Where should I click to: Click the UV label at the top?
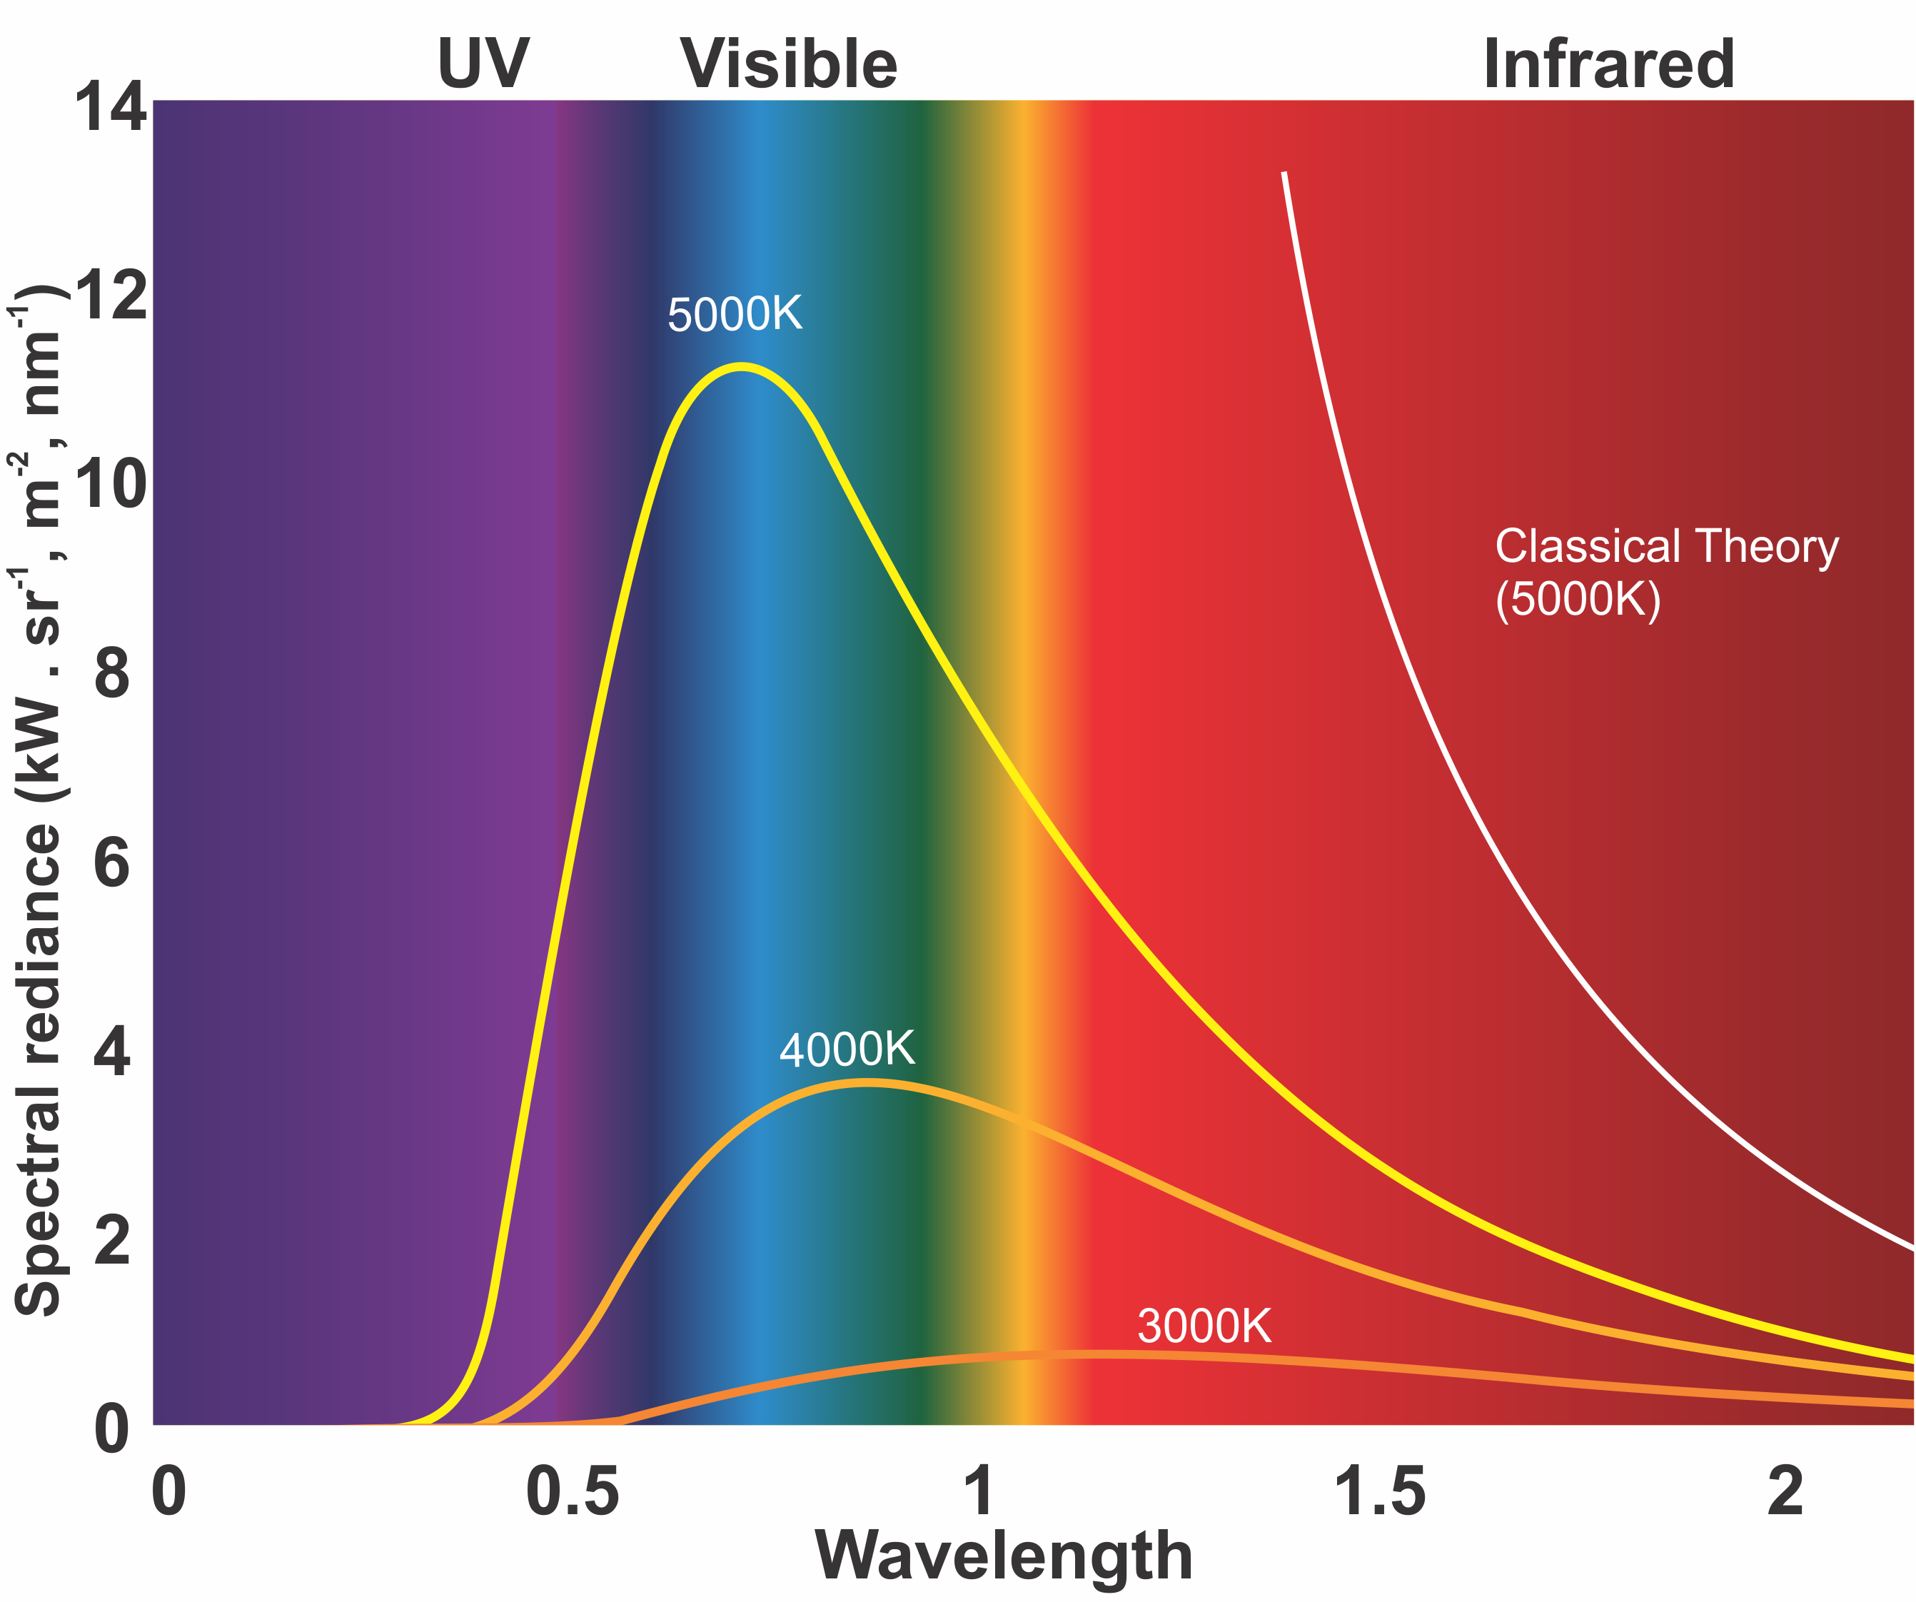(x=483, y=64)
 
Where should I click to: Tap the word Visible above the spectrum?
(x=790, y=64)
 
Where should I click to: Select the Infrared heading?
(x=1608, y=64)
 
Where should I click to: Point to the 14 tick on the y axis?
(x=109, y=108)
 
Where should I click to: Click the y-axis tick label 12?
(x=109, y=296)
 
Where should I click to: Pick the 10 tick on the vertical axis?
(x=109, y=485)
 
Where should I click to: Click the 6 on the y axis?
(x=112, y=863)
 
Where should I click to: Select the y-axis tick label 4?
(x=112, y=1052)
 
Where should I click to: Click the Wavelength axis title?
(x=1004, y=1556)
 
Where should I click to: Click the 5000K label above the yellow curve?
(x=735, y=315)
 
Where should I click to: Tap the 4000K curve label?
(x=847, y=1050)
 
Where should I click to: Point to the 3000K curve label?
(x=1204, y=1326)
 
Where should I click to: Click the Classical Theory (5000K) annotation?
(x=1666, y=572)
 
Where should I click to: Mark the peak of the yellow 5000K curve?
(x=741, y=367)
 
